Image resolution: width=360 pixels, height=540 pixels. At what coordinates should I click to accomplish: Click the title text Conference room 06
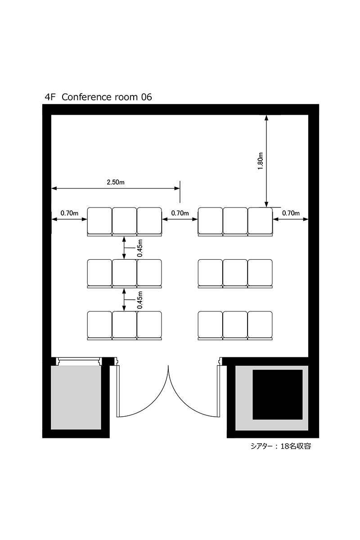coord(107,97)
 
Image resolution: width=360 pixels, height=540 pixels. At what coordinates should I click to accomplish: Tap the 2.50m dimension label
coord(116,182)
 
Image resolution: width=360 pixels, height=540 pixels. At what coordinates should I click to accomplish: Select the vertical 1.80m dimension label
coord(261,161)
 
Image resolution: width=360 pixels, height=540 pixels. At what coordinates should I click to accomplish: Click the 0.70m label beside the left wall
coord(69,213)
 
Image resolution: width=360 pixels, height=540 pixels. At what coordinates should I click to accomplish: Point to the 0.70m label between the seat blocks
coord(180,213)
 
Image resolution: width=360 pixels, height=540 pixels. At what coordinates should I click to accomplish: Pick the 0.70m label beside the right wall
coord(291,213)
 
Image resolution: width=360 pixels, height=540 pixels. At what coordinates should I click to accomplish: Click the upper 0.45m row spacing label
coord(140,248)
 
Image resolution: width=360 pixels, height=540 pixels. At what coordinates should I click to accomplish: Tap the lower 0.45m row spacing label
coord(140,300)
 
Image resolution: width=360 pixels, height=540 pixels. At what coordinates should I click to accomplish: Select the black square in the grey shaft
coord(278,395)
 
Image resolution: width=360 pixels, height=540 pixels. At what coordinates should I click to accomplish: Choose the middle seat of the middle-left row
coord(124,273)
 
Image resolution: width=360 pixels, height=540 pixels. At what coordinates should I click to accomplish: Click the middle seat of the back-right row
coord(235,325)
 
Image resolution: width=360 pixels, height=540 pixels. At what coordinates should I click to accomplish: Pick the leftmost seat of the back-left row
coord(99,325)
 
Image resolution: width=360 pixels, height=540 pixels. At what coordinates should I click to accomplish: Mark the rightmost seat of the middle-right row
coord(260,273)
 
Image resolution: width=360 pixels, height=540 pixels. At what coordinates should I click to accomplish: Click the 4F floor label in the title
coord(50,97)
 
